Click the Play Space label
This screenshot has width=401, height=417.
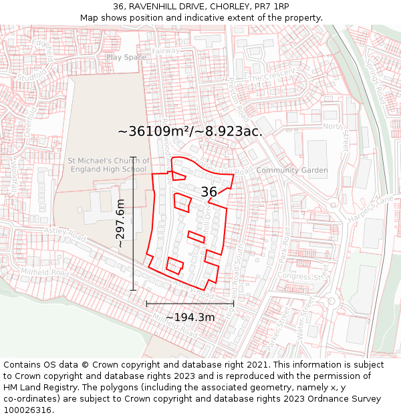pos(126,57)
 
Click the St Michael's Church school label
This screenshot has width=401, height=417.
pos(107,165)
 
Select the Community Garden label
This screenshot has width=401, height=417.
pos(292,170)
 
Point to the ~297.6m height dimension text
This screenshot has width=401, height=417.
pos(120,224)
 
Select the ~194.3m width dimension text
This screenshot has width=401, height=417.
pos(190,317)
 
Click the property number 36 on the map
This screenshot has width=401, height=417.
pos(209,192)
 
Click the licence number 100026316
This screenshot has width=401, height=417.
pos(29,410)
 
